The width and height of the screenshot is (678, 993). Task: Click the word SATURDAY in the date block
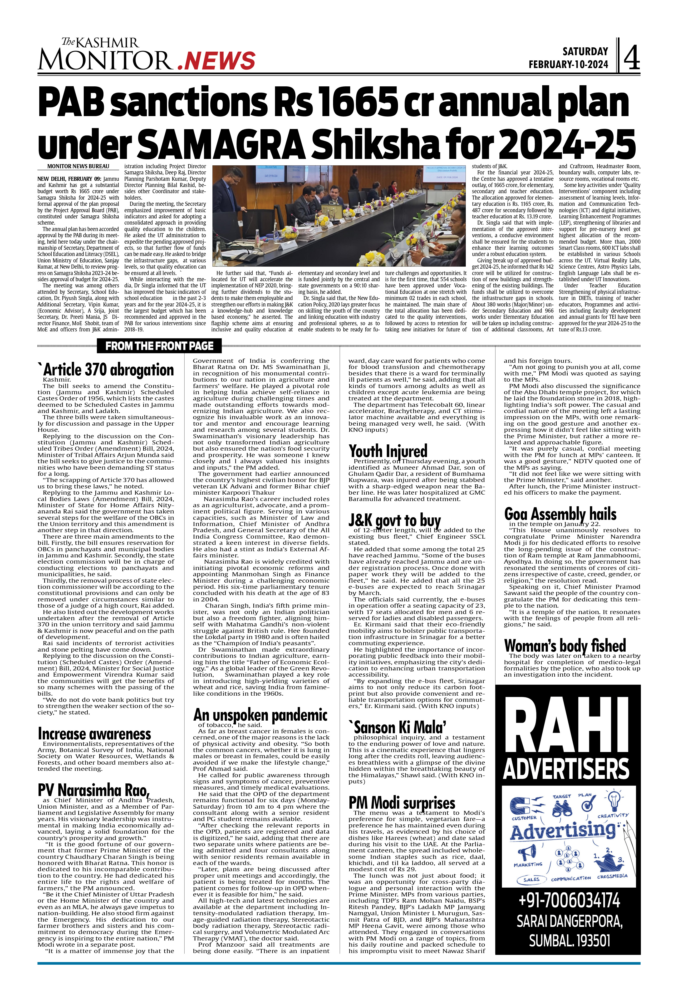pyautogui.click(x=585, y=52)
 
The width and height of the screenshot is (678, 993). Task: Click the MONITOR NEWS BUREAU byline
pyautogui.click(x=78, y=167)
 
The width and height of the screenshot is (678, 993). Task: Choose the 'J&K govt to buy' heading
pyautogui.click(x=394, y=521)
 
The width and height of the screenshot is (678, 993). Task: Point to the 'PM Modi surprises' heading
pyautogui.click(x=402, y=802)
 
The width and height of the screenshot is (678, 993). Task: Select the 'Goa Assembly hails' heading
pyautogui.click(x=560, y=514)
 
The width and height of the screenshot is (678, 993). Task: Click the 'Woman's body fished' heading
pyautogui.click(x=565, y=645)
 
